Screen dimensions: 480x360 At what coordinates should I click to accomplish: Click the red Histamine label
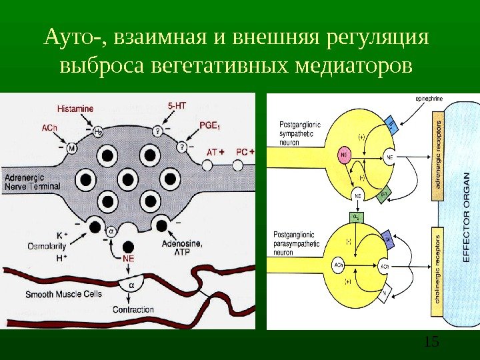[x=75, y=107]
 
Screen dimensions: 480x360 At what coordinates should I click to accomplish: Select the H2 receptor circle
[x=98, y=131]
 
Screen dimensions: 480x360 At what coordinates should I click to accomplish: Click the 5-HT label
[x=176, y=105]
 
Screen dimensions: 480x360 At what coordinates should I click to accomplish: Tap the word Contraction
[x=133, y=309]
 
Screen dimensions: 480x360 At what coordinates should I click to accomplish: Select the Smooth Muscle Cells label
[x=63, y=293]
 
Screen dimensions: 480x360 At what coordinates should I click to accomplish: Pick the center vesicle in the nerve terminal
[x=127, y=178]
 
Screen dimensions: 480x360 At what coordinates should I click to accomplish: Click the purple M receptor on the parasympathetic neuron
[x=387, y=237]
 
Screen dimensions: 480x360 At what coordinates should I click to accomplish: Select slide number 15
[x=431, y=342]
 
